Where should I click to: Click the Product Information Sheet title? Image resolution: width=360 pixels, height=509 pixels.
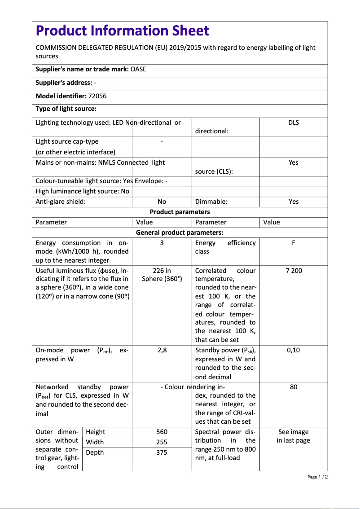tap(122, 31)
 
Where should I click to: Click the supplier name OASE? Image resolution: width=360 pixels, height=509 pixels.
tap(138, 69)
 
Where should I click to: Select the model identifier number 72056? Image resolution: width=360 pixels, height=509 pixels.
tap(97, 96)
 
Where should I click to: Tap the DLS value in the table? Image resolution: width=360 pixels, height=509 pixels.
tap(293, 123)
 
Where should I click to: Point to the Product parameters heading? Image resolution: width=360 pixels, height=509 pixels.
tap(180, 212)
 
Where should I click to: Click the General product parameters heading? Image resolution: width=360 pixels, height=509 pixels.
tap(180, 233)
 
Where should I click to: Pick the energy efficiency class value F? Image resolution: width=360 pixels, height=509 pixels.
tap(293, 243)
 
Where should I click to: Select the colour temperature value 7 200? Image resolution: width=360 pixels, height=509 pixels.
tap(293, 271)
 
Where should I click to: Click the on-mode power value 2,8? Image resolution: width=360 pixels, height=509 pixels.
tap(162, 350)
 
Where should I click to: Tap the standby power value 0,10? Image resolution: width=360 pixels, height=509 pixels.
tap(293, 350)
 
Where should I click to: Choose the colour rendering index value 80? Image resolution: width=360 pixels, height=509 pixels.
tap(293, 387)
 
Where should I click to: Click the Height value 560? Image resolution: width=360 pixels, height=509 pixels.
tap(162, 432)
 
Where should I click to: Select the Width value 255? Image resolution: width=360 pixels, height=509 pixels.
tap(162, 442)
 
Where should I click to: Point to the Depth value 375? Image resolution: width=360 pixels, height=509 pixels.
tap(162, 452)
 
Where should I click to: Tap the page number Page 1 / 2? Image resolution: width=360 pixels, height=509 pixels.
tap(317, 477)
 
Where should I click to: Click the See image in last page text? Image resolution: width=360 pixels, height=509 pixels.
tap(293, 436)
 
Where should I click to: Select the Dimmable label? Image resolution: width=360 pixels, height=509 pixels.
tap(211, 202)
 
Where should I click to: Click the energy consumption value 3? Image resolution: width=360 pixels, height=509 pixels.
tap(162, 243)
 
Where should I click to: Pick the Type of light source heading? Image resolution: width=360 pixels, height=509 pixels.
tap(66, 109)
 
